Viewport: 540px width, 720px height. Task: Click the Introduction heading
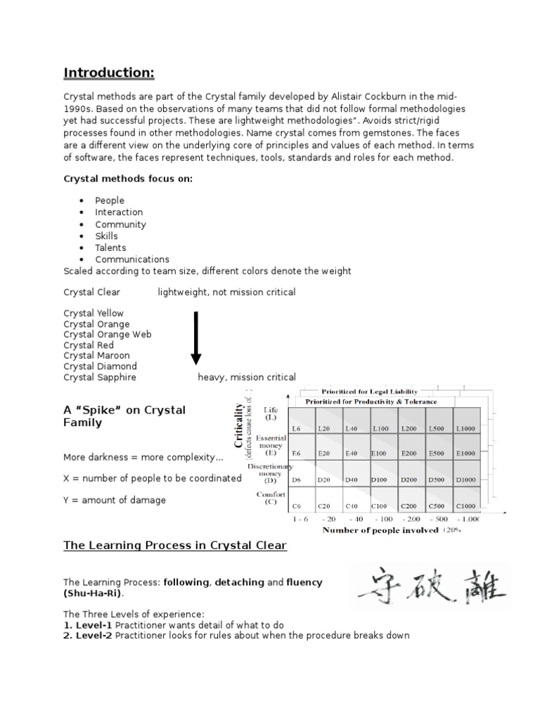click(x=109, y=73)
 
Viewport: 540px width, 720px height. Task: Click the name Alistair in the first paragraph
click(x=361, y=96)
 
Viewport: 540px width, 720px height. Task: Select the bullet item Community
click(x=120, y=224)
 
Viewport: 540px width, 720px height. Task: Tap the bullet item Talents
click(x=110, y=247)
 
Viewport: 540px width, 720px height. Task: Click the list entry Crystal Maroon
click(x=96, y=356)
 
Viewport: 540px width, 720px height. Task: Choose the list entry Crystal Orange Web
click(x=107, y=335)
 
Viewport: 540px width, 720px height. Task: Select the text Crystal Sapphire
click(x=99, y=377)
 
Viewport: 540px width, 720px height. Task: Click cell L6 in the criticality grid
click(x=296, y=427)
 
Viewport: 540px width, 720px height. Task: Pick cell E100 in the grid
click(x=380, y=454)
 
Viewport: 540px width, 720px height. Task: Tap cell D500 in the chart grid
click(x=436, y=480)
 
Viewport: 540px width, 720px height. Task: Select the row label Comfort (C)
click(x=271, y=499)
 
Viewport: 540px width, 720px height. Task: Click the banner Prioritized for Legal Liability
click(x=369, y=391)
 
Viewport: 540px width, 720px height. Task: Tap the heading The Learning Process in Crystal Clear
click(x=174, y=545)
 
